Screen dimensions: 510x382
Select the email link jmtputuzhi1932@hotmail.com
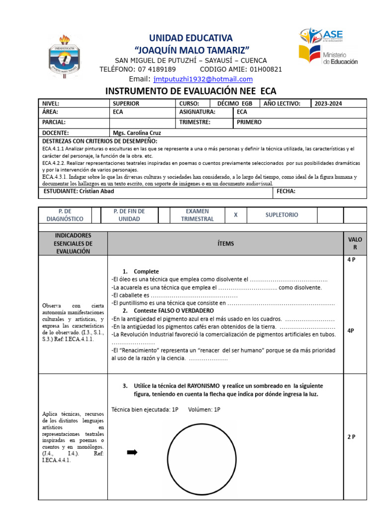pos(203,79)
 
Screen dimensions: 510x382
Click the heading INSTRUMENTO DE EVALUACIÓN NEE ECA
pos(191,91)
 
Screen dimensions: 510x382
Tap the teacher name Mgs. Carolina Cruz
pos(137,133)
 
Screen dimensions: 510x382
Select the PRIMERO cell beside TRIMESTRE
pos(249,122)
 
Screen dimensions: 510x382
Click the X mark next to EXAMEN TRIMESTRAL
pos(236,215)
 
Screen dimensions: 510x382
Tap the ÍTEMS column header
pos(225,244)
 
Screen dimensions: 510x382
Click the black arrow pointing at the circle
pos(132,452)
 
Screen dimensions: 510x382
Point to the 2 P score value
pos(351,437)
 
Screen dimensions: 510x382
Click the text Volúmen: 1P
pos(204,409)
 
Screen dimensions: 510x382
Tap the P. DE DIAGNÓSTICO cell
pos(63,215)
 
